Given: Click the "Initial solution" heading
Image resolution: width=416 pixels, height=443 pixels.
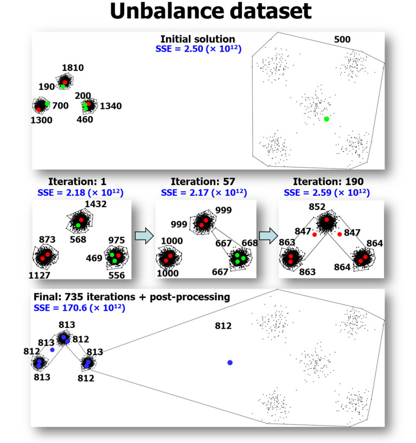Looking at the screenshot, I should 197,40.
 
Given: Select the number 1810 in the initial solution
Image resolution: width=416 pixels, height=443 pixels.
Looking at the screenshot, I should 72,68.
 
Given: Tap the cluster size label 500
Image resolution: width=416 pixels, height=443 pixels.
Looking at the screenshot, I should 342,40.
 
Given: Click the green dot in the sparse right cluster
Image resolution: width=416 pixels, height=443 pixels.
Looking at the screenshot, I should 326,119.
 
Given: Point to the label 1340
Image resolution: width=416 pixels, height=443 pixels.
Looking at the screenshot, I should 110,106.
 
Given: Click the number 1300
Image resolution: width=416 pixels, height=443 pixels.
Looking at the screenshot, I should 41,120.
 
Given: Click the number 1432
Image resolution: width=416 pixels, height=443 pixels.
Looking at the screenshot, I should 95,204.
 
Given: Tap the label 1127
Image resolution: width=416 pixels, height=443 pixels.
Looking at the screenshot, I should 40,275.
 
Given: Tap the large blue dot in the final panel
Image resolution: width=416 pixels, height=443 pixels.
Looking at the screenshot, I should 230,362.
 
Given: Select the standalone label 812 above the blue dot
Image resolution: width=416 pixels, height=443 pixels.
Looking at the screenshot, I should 223,326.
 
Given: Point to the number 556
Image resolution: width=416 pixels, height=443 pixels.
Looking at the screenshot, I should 116,275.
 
